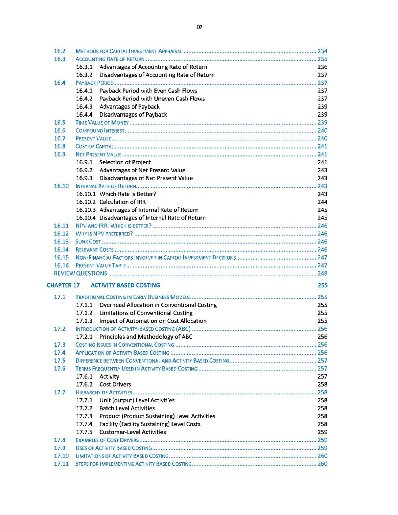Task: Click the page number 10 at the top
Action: (x=199, y=27)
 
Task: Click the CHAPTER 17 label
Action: (x=63, y=285)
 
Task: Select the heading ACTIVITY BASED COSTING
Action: (x=125, y=285)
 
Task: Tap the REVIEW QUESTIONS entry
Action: (x=80, y=274)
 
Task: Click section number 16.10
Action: (x=61, y=186)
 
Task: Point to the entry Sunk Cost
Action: (x=88, y=242)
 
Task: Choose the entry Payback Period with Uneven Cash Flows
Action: (x=152, y=99)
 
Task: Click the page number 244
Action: (x=322, y=202)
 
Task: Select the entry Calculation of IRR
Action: (x=122, y=202)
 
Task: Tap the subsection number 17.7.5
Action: (x=84, y=432)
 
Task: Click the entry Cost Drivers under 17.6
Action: (x=115, y=384)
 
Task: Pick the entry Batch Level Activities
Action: (x=127, y=408)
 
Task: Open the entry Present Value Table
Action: (x=101, y=266)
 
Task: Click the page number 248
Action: (x=322, y=274)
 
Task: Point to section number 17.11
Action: (x=61, y=464)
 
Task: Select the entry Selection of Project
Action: (x=125, y=162)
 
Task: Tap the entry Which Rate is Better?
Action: (x=128, y=194)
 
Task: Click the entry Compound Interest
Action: (x=100, y=131)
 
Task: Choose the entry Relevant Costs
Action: (x=94, y=250)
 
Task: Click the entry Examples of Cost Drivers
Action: (x=107, y=440)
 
